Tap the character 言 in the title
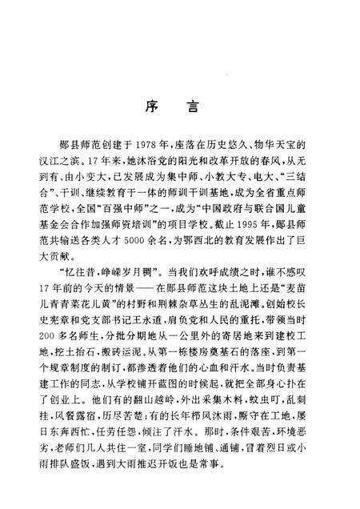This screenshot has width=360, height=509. point(203,104)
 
